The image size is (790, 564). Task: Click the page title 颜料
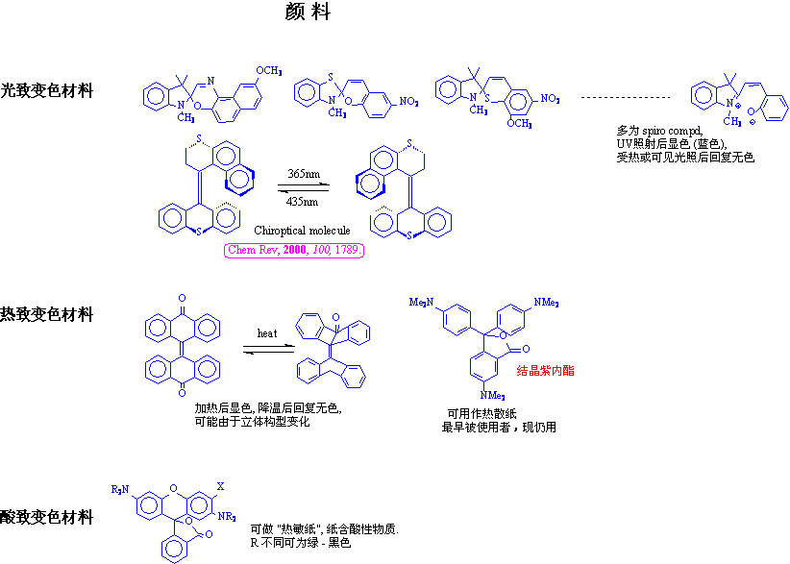coord(308,12)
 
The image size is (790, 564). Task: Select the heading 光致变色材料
coord(47,91)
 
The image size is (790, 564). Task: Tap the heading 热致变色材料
coord(47,313)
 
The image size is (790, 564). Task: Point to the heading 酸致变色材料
coord(47,517)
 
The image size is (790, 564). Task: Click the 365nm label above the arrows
coord(303,174)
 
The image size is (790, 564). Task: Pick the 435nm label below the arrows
coord(303,202)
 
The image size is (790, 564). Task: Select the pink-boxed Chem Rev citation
coord(294,251)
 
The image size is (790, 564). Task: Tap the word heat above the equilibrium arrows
coord(267,333)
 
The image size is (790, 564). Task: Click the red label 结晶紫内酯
coord(545,370)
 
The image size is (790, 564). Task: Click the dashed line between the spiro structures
coord(626,98)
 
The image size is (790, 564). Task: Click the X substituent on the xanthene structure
coord(220,487)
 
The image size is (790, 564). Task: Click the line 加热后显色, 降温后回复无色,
coord(267,408)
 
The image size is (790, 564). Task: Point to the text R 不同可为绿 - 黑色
coord(300,544)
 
